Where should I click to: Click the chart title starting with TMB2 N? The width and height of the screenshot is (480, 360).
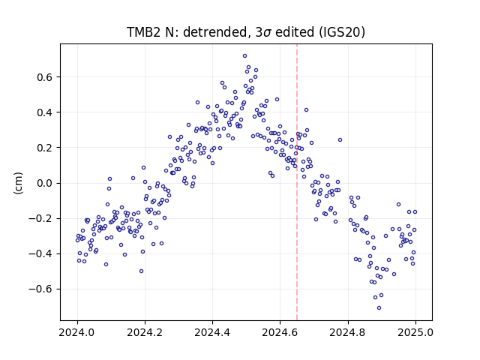click(246, 31)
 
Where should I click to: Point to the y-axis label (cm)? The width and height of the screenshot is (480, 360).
click(18, 183)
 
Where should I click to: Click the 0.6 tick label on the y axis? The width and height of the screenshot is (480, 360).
click(45, 77)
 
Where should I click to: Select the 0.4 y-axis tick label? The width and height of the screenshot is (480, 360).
click(45, 112)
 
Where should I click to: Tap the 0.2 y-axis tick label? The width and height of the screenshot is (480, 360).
click(45, 148)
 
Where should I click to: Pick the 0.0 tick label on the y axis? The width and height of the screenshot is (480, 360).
click(45, 183)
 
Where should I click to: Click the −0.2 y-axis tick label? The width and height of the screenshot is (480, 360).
click(40, 218)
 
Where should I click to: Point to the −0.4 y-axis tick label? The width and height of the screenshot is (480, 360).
click(40, 253)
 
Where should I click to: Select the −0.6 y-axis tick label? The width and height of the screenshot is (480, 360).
click(40, 289)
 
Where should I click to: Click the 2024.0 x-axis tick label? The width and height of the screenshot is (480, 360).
click(77, 332)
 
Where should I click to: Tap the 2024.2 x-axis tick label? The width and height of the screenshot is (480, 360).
click(145, 332)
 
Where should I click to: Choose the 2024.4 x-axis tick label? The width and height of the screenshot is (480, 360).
click(212, 332)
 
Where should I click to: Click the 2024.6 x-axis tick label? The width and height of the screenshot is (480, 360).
click(280, 332)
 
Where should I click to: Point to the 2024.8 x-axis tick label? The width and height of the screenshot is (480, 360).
click(348, 332)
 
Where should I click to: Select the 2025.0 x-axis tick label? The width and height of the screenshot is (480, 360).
click(415, 332)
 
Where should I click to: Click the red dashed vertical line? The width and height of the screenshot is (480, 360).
click(297, 182)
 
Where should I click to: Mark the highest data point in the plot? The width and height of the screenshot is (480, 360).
click(245, 56)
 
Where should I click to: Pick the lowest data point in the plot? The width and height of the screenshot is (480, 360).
click(379, 308)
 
